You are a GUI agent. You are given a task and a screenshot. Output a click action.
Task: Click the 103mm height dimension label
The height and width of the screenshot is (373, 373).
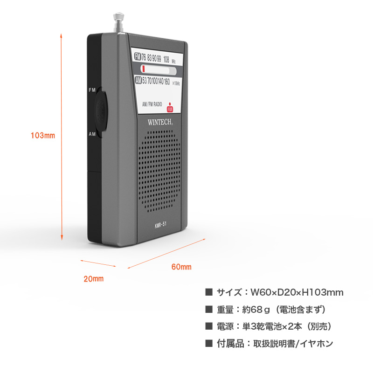pos(43,135)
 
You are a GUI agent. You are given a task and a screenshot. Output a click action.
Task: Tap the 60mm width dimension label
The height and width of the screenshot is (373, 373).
pos(181,267)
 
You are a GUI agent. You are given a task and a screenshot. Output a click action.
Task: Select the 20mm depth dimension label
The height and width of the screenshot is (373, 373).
pos(94,279)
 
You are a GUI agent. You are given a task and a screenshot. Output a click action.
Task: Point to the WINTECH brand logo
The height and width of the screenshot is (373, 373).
pos(160,122)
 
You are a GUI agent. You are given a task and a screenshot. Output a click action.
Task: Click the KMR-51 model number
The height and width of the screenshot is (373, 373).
pos(160,225)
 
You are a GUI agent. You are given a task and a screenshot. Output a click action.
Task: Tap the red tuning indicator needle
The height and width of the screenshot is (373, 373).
pos(144,69)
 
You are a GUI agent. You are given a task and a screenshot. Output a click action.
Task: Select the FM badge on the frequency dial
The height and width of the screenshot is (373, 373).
pos(137,56)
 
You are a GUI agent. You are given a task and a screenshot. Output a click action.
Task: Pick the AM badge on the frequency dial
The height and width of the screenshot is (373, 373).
pos(138,80)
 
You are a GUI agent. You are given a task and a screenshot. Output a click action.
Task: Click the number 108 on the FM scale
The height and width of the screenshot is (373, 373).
pos(166,59)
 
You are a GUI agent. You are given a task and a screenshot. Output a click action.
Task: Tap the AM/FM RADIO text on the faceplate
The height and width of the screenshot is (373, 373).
pos(152,104)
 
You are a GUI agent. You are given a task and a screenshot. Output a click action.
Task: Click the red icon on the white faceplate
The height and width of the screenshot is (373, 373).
pos(170,108)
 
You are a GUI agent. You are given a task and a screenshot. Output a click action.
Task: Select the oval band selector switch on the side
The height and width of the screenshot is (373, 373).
pos(101,111)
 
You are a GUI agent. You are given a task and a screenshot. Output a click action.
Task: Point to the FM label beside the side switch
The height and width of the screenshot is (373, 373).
pos(92,90)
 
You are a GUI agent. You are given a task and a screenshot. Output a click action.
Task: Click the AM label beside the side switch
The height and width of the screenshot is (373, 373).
pos(92,134)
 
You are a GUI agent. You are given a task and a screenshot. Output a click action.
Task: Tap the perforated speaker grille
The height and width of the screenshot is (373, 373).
pos(159,171)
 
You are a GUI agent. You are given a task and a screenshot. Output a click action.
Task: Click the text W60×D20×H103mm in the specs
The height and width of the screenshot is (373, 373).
pos(297,292)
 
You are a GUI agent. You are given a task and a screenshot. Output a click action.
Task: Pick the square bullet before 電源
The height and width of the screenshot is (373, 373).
pos(209,326)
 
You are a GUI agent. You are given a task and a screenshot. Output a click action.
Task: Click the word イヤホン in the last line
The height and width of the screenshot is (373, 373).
pos(317,344)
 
